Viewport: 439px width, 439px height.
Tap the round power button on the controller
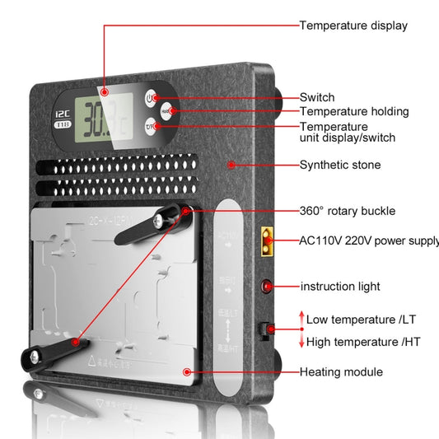150,98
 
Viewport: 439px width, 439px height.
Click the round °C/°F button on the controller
150,126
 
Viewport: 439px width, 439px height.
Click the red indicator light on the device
267,287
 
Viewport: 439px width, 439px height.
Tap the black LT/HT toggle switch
265,330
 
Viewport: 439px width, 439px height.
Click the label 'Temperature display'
353,26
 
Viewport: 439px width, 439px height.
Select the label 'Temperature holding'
354,111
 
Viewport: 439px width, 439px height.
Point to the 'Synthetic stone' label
340,165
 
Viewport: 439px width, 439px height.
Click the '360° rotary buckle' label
348,211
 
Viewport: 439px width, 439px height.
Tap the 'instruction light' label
340,287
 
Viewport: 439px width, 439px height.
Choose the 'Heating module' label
341,372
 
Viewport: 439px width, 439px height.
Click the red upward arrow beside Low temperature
301,318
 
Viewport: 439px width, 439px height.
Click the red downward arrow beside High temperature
301,340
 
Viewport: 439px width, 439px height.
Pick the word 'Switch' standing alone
317,97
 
